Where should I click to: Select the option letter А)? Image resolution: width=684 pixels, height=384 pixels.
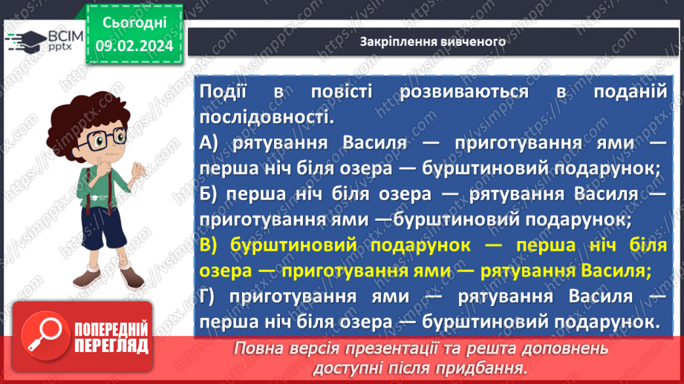coord(211,143)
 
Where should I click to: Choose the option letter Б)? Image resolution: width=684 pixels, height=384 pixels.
coord(212,193)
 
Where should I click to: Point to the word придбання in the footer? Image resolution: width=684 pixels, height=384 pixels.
coord(486,368)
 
